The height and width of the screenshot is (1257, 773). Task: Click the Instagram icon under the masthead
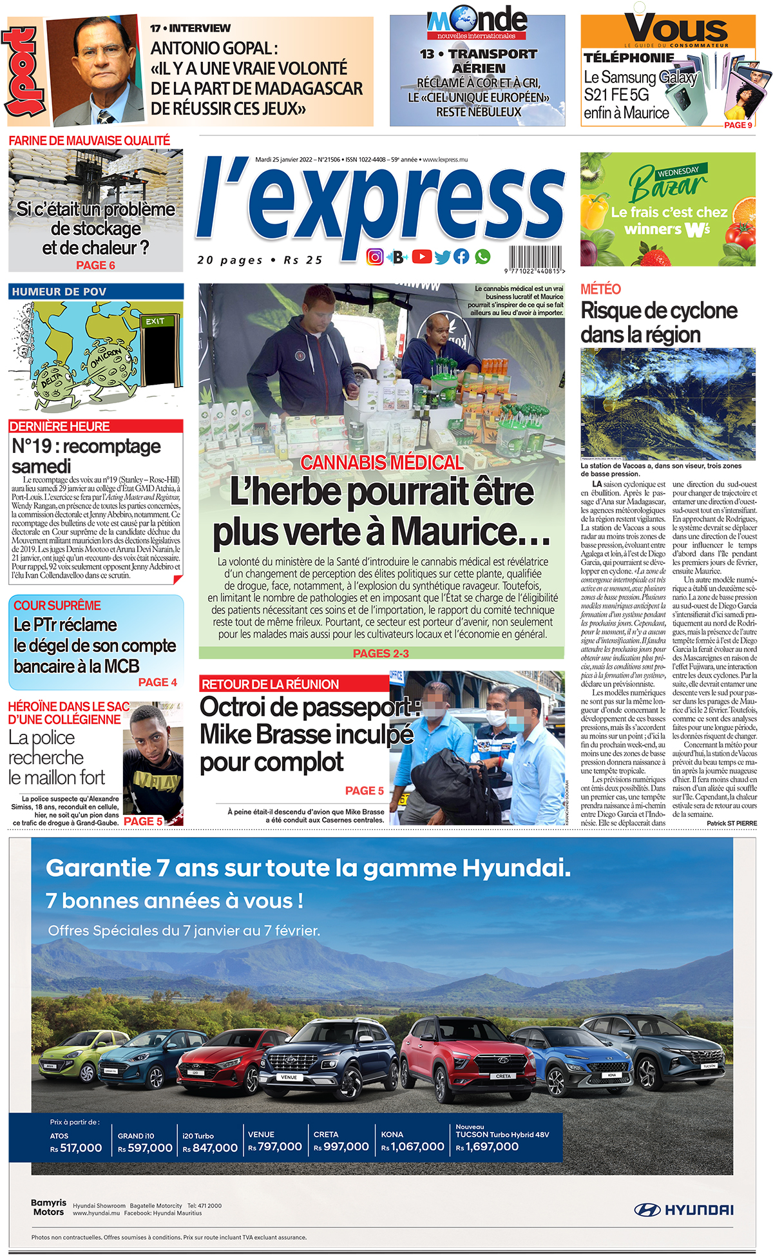pyautogui.click(x=375, y=257)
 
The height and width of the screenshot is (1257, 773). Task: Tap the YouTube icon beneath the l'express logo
pyautogui.click(x=421, y=257)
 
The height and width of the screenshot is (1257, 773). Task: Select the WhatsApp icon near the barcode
pyautogui.click(x=482, y=257)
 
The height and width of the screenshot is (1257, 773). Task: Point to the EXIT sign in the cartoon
pyautogui.click(x=155, y=321)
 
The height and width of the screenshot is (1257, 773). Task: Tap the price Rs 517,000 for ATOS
pyautogui.click(x=76, y=1147)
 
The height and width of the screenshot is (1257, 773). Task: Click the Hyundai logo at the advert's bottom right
pyautogui.click(x=683, y=1210)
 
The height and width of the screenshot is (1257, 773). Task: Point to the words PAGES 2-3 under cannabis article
pyautogui.click(x=381, y=653)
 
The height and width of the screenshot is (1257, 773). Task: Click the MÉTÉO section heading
pyautogui.click(x=600, y=289)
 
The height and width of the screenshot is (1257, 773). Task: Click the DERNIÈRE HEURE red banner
pyautogui.click(x=95, y=427)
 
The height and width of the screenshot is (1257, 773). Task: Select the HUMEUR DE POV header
pyautogui.click(x=95, y=292)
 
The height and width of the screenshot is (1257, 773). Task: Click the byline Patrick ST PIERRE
pyautogui.click(x=731, y=823)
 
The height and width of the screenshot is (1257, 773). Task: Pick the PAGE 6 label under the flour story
pyautogui.click(x=95, y=265)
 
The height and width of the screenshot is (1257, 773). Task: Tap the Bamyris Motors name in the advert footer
pyautogui.click(x=48, y=1207)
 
